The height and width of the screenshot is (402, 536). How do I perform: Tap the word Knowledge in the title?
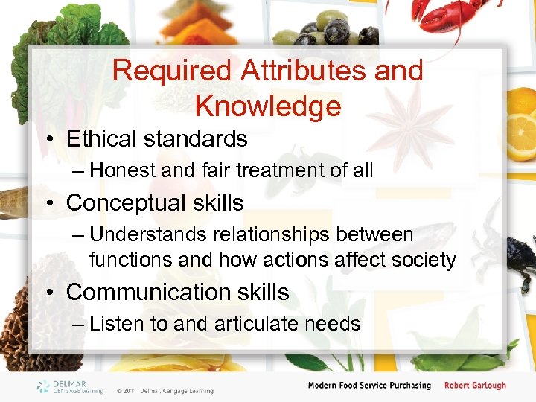pyautogui.click(x=267, y=106)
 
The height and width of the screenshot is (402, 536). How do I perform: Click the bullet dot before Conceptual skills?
pyautogui.click(x=54, y=203)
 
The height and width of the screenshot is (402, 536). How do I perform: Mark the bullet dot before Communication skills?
pyautogui.click(x=54, y=293)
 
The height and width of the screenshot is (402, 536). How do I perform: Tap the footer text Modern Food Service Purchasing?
pyautogui.click(x=369, y=386)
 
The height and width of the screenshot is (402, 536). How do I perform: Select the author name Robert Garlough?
pyautogui.click(x=475, y=386)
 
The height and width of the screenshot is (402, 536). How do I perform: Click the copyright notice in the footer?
pyautogui.click(x=165, y=390)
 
